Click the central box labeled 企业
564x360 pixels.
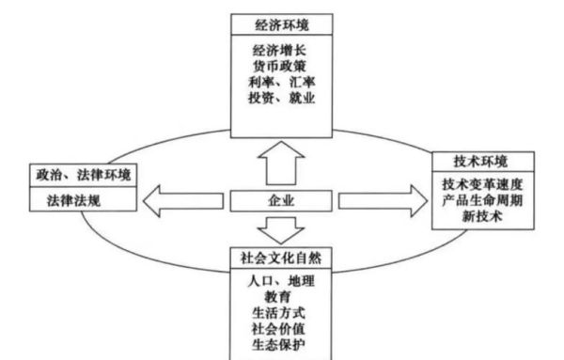[283, 200]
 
